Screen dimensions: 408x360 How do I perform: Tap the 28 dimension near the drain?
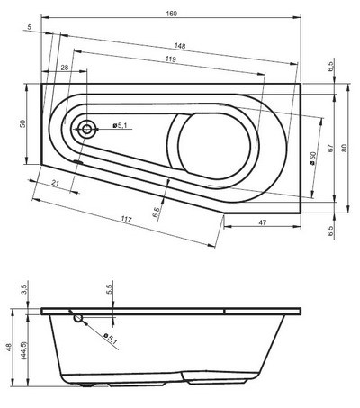66,68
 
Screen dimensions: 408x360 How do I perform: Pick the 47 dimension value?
262,222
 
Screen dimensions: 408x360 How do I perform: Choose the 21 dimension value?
55,184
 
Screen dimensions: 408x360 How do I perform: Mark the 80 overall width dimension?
345,149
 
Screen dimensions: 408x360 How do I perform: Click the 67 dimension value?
330,149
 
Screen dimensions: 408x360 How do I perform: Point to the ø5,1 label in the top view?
121,125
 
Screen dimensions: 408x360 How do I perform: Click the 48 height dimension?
9,348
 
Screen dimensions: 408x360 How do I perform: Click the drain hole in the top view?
86,129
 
